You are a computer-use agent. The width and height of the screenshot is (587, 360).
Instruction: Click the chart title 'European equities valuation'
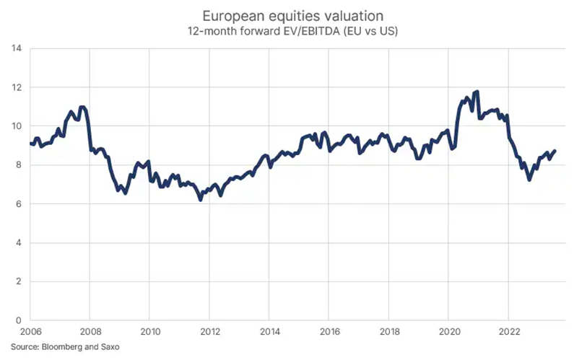click(x=293, y=16)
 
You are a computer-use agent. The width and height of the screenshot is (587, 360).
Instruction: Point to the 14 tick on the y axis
click(x=15, y=48)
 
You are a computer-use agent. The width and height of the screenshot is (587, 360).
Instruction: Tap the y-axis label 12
click(x=15, y=87)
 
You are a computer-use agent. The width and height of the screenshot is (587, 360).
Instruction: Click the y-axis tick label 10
click(x=15, y=126)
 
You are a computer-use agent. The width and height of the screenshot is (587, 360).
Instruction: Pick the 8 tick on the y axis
click(x=17, y=165)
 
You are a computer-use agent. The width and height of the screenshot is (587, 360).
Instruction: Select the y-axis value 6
click(x=17, y=204)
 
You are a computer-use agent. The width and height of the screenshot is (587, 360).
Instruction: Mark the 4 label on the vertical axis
click(x=17, y=243)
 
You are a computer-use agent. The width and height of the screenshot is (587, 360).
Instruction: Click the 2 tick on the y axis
click(x=17, y=282)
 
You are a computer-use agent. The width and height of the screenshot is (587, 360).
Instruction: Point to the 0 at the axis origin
click(x=17, y=320)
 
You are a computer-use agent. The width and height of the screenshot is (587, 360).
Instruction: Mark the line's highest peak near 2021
click(x=477, y=92)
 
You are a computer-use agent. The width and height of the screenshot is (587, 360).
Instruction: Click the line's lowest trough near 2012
click(x=201, y=199)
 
